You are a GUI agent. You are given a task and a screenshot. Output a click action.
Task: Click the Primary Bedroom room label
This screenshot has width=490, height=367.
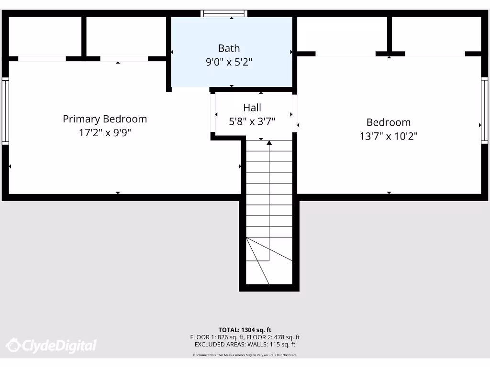pos(105,119)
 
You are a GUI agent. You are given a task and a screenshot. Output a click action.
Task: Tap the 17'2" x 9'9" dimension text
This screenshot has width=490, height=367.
pos(105,133)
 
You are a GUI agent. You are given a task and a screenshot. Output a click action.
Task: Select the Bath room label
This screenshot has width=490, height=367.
pos(229,48)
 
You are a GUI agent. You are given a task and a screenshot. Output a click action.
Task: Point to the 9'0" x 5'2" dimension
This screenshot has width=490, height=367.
pos(229,62)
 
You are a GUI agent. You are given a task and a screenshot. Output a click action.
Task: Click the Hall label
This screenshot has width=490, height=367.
pos(252,108)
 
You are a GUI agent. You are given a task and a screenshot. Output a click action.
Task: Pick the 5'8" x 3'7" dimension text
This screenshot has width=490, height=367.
pos(252,121)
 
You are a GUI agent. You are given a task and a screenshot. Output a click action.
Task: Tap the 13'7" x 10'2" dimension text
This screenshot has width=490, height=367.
pos(389,136)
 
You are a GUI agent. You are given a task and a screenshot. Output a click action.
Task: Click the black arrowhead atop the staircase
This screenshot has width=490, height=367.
pos(269,142)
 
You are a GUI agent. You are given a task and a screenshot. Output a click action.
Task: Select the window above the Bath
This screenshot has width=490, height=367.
pos(224,13)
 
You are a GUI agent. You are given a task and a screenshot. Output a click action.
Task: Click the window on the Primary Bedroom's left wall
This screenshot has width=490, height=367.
pos(5,111)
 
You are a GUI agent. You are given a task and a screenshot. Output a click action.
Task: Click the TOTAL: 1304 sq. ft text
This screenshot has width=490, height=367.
pos(245,330)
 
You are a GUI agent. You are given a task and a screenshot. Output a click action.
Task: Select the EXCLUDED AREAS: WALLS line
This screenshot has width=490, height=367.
pos(245,344)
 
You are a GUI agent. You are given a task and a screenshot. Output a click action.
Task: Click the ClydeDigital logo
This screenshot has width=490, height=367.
pos(51,345)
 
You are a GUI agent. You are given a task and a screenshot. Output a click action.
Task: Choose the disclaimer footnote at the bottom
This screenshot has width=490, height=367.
pos(245,355)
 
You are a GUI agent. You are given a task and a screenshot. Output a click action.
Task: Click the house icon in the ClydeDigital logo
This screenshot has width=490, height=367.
pos(13,345)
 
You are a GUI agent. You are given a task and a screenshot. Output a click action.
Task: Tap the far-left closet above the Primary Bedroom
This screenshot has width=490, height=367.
pos(45,37)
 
